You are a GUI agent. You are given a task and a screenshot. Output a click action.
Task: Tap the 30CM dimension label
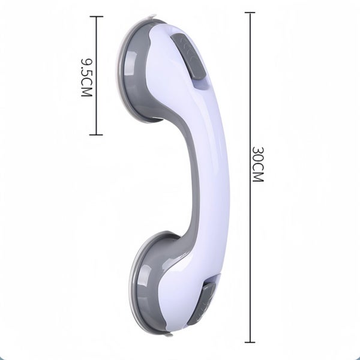click(x=256, y=164)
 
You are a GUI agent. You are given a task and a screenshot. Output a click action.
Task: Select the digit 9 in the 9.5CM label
click(x=85, y=62)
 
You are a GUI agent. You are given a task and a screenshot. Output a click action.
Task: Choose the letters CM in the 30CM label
click(x=256, y=174)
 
